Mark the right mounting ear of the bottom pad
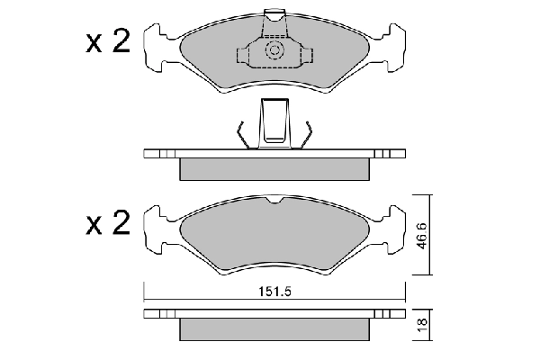pos(388,229)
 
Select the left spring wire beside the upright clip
pos(243,132)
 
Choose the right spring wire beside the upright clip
pos(306,132)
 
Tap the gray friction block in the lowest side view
pos(275,329)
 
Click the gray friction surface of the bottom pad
pos(275,236)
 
